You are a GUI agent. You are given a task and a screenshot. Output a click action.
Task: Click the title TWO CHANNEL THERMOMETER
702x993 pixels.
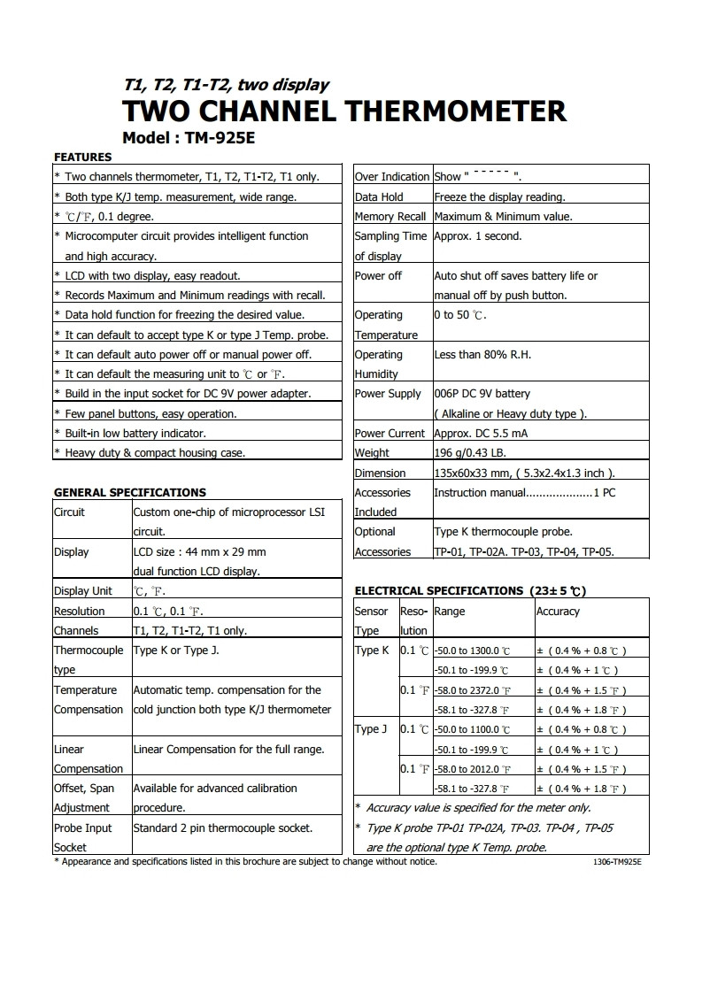[343, 112]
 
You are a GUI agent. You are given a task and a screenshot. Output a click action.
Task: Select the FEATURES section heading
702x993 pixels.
[82, 158]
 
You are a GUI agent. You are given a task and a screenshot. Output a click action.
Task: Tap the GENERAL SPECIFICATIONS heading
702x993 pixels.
[130, 492]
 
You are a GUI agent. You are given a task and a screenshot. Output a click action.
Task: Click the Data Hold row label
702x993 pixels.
[379, 197]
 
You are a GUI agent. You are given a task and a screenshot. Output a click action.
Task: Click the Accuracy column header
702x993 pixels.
[558, 612]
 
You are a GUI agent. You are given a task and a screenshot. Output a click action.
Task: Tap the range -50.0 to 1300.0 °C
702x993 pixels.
[472, 651]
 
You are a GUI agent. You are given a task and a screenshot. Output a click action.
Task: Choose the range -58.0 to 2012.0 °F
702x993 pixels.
[472, 769]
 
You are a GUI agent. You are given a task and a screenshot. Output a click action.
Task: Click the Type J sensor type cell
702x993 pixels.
[372, 729]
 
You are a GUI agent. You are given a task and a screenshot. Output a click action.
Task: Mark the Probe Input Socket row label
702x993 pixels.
[83, 837]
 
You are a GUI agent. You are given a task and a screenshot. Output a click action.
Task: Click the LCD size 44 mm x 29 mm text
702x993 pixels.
[199, 552]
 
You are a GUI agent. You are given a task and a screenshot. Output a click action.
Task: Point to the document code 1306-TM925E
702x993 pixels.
[617, 862]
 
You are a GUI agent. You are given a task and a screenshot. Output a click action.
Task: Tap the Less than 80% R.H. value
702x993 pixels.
[482, 355]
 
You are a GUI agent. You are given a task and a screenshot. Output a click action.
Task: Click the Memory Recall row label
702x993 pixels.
[390, 217]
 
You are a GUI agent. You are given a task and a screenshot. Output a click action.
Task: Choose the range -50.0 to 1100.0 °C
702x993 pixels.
[472, 730]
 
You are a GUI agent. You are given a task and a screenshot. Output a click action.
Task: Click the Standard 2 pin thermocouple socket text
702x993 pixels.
[222, 828]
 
